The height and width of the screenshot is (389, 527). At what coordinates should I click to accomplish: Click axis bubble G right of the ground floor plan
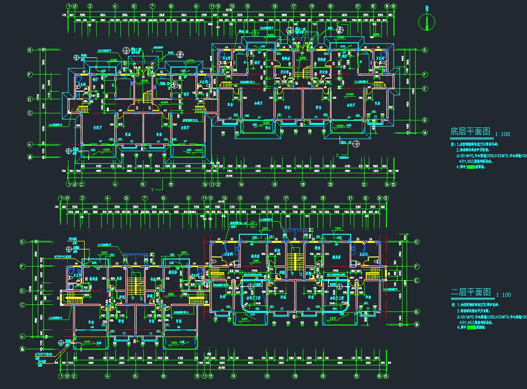(x=425, y=50)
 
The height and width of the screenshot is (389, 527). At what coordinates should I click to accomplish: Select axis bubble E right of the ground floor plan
(x=425, y=89)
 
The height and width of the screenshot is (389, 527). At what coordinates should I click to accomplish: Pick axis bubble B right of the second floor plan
(x=416, y=312)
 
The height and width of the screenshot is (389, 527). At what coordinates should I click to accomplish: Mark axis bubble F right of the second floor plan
(x=416, y=266)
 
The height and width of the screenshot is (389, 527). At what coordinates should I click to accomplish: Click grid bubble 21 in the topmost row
(x=357, y=6)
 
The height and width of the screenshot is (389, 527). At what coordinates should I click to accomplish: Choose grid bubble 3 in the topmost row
(x=90, y=6)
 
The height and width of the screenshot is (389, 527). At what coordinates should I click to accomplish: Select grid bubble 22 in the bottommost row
(x=356, y=376)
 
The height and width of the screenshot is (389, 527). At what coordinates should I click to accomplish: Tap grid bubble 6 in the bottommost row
(x=136, y=376)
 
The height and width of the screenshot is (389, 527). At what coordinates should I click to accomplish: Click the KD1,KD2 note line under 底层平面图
(x=481, y=161)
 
